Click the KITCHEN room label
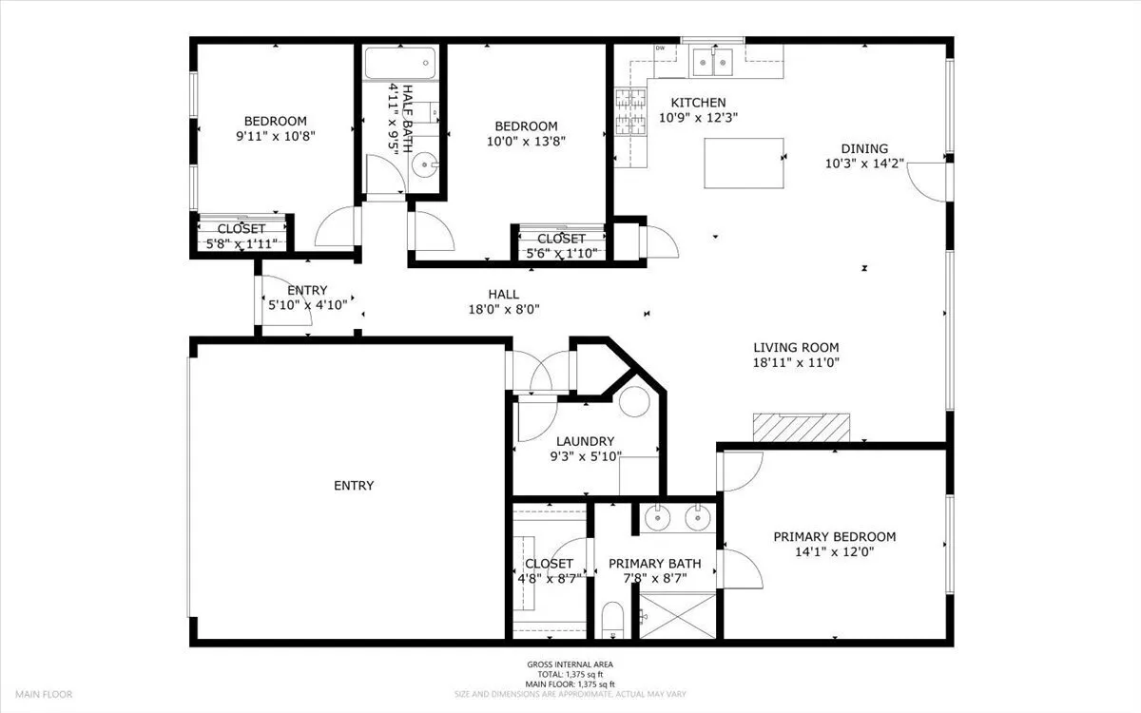click(698, 103)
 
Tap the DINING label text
click(864, 148)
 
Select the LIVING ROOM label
click(796, 347)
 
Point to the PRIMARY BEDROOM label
click(835, 537)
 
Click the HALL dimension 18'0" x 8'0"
click(504, 309)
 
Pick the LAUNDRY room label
click(586, 441)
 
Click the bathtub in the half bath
click(400, 63)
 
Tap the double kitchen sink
click(712, 62)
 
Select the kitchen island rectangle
click(744, 163)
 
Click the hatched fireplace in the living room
click(802, 427)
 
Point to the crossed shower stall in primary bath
click(677, 615)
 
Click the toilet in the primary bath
click(612, 620)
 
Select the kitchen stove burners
click(630, 112)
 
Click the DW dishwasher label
click(660, 48)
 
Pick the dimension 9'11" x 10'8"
click(276, 137)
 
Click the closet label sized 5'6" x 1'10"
click(561, 246)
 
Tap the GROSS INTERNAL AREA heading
click(570, 665)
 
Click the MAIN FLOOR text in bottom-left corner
click(44, 694)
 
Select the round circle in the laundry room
click(635, 402)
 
